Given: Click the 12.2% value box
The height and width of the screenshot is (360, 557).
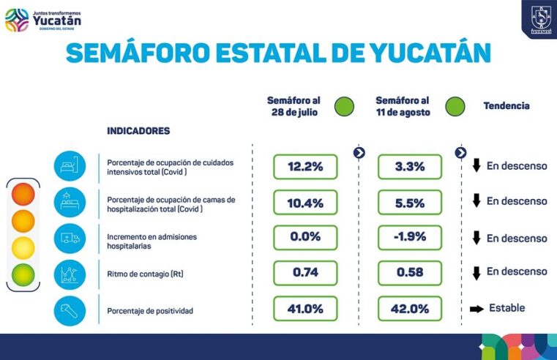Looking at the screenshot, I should pos(305,167).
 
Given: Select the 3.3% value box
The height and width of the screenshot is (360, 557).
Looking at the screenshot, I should pos(410,167).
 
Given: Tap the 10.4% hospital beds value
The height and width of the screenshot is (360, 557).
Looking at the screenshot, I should pos(305,203).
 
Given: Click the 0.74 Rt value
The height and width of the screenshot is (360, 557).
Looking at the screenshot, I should pos(305,273).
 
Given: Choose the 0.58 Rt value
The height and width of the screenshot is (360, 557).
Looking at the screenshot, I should pos(410,273).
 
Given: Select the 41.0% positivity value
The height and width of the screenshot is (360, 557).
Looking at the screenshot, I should pos(305,309).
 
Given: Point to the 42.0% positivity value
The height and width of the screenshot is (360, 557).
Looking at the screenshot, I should pos(410,309).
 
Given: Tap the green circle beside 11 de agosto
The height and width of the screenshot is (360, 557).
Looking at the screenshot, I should pos(455,107).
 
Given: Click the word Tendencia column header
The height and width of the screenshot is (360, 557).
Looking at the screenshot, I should pos(506,106).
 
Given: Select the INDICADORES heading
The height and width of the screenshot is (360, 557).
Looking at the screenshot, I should pos(138,131).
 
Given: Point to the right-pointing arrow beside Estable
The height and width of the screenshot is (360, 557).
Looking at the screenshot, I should pos(476,310).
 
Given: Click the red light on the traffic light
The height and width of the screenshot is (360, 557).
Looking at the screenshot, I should pos(23,195).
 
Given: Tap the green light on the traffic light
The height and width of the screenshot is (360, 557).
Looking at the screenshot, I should pos(23,274).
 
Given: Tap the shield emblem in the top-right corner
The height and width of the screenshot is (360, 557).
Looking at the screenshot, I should pos(539,18).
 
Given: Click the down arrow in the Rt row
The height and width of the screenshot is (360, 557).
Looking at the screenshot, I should pos(476,274).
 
